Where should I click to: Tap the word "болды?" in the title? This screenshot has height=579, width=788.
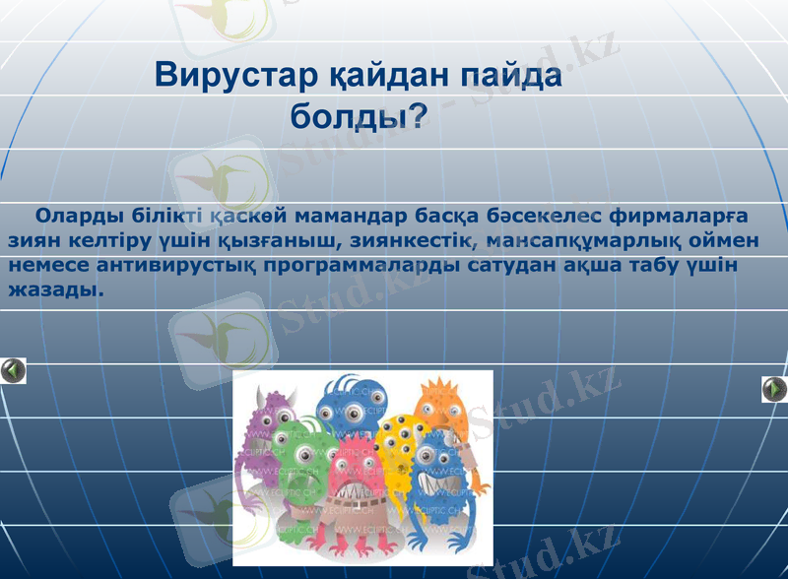coord(358,117)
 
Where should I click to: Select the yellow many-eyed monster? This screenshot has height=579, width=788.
coord(398,448)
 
